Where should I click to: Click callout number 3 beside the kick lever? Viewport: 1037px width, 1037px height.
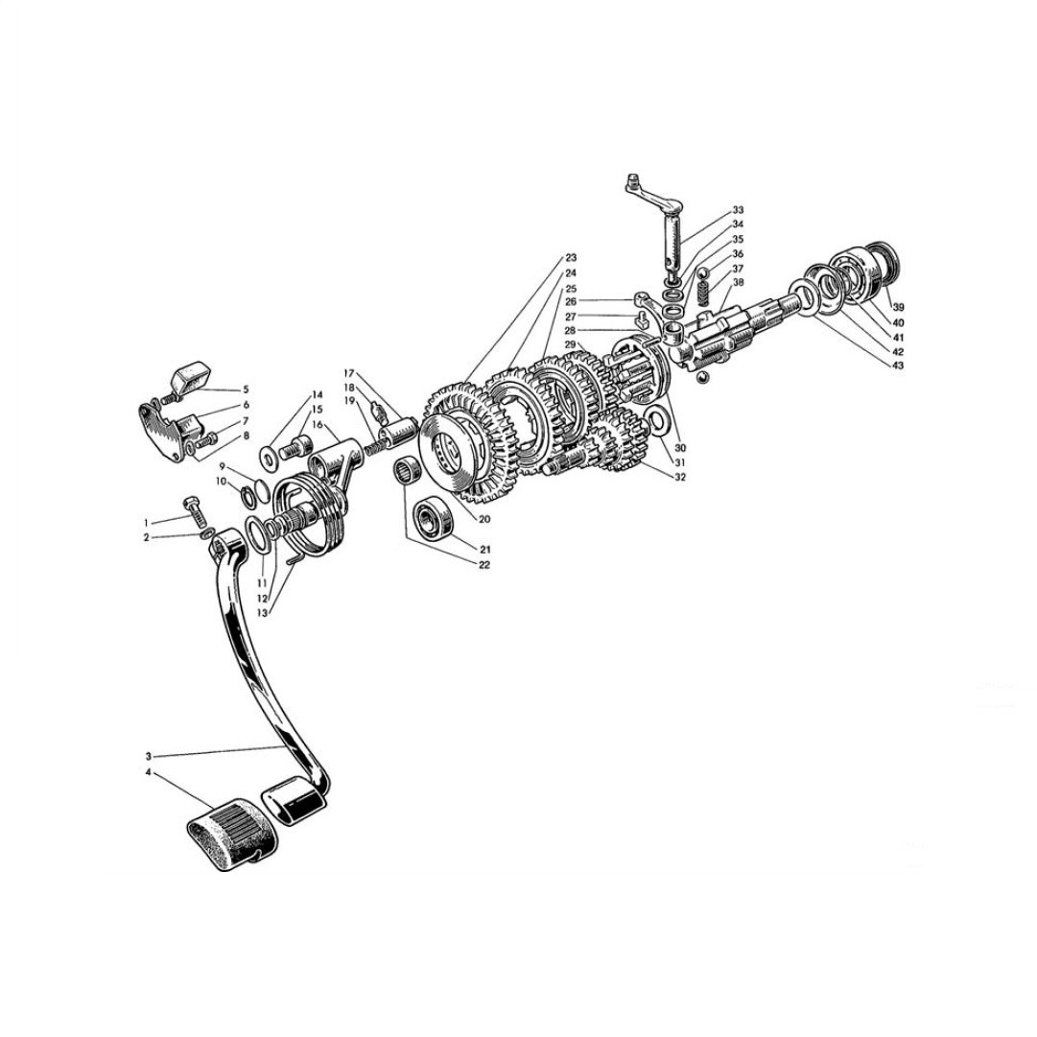point(149,756)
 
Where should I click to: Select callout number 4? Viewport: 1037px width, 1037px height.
point(149,772)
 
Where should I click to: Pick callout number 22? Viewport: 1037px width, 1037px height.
point(484,565)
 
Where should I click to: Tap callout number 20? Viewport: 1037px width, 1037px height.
point(484,520)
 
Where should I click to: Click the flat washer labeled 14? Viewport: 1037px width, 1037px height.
point(270,457)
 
